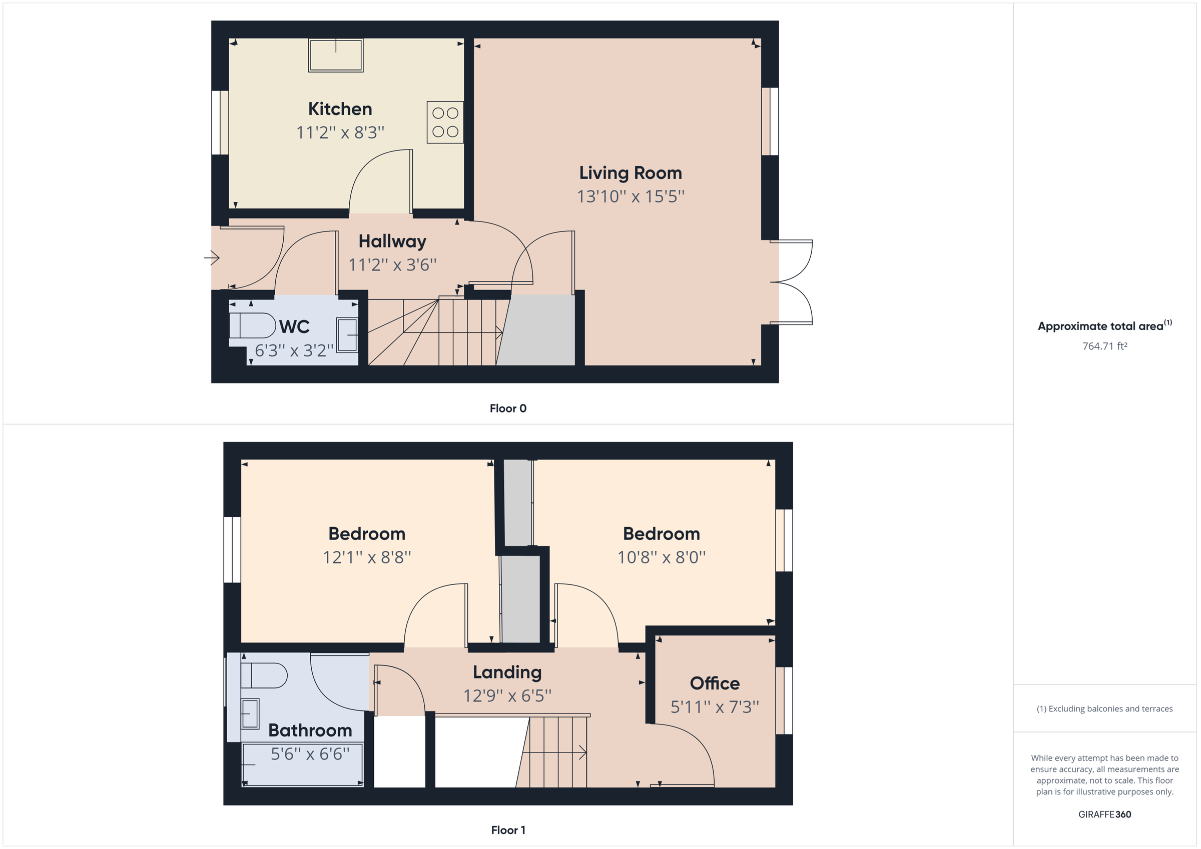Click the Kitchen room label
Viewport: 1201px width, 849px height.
click(340, 108)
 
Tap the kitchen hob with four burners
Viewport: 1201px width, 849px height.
click(445, 122)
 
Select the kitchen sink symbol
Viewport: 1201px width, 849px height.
click(336, 55)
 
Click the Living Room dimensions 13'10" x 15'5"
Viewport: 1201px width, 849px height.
click(631, 196)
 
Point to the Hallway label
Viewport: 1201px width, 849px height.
click(392, 241)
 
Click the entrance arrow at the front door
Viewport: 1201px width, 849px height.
click(212, 257)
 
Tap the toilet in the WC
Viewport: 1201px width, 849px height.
click(252, 325)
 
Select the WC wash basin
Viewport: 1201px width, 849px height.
click(347, 334)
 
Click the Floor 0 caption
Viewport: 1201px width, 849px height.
click(508, 408)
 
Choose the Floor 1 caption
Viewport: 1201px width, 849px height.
click(508, 829)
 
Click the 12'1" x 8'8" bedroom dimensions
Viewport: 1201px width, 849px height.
click(367, 557)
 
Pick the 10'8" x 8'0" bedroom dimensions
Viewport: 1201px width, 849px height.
click(661, 557)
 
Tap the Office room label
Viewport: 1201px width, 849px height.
click(715, 683)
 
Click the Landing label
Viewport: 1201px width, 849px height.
click(507, 672)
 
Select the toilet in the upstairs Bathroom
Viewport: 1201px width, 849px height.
click(264, 675)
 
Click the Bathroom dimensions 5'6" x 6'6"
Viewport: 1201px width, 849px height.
click(310, 754)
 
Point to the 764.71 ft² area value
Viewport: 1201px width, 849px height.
click(1104, 346)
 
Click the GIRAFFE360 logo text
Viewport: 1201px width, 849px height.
click(1104, 814)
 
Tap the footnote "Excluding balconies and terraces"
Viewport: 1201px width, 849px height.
click(1104, 708)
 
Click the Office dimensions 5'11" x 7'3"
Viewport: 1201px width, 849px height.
click(715, 707)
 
